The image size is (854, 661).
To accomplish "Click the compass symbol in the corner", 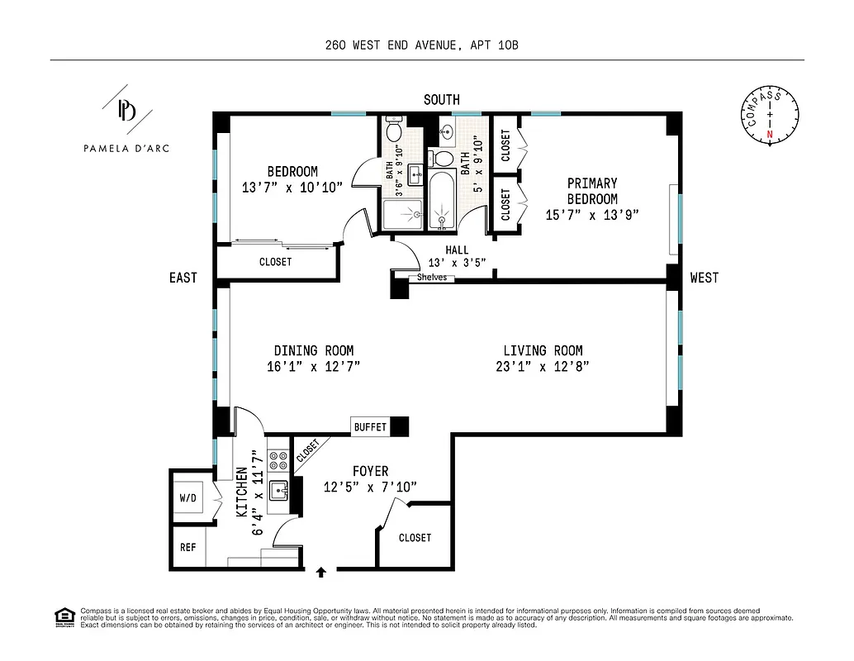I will pos(769,115).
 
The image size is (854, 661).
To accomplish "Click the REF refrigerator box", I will pos(187,547).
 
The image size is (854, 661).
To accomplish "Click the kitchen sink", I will pos(279,489).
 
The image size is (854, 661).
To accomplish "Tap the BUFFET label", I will pos(370,427).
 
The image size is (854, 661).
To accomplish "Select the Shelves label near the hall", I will pos(431,278).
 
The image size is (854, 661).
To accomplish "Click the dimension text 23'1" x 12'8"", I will pos(543,366).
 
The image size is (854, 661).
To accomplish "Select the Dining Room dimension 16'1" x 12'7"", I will pos(313,366).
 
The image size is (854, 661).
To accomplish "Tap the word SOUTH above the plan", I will pos(441,100).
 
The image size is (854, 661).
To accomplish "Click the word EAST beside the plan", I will pos(183,278).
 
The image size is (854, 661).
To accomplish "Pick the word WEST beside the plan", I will pos(704,278).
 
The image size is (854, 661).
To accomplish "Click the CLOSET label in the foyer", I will pos(415,538).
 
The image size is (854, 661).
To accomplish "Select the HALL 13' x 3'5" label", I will pos(456,256).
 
